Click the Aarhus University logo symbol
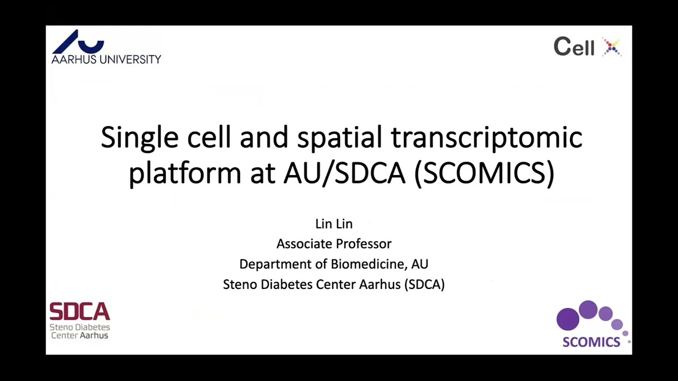tap(79, 41)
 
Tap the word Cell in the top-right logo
tap(574, 47)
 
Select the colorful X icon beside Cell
tap(612, 47)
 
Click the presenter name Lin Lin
tap(334, 224)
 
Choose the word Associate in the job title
tap(301, 244)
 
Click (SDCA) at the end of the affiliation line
tap(424, 284)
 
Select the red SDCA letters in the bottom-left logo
tap(79, 312)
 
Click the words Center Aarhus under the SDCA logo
tap(79, 335)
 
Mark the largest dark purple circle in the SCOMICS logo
tap(568, 319)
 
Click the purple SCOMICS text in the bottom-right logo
tap(591, 342)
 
